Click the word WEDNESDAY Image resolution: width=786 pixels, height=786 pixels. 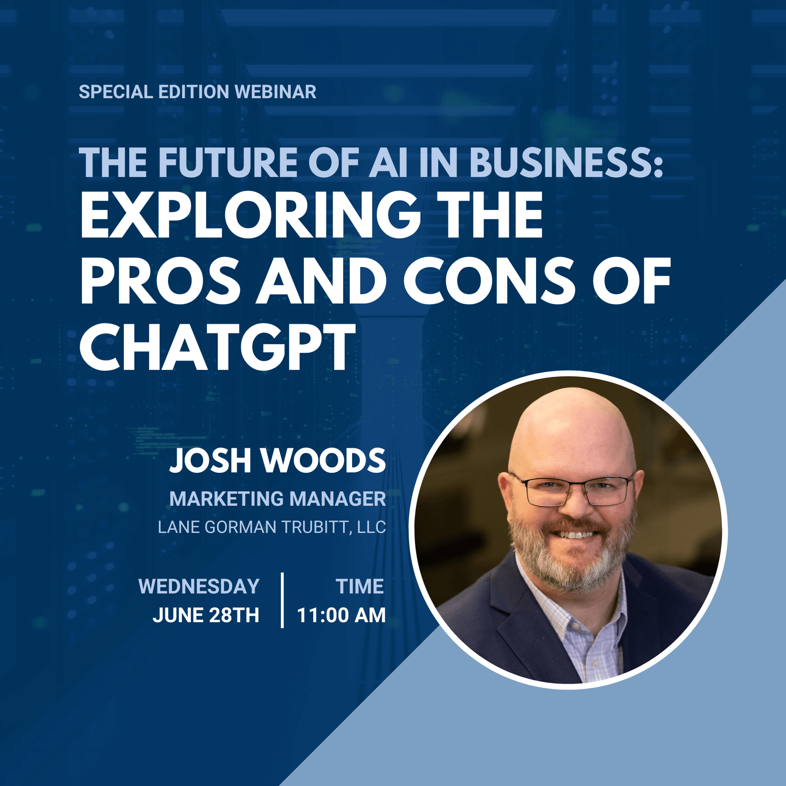click(x=199, y=586)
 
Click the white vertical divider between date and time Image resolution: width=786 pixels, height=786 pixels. click(x=282, y=600)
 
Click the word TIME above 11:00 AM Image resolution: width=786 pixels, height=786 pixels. click(x=360, y=586)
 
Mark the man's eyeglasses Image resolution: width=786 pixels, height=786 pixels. click(x=571, y=491)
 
